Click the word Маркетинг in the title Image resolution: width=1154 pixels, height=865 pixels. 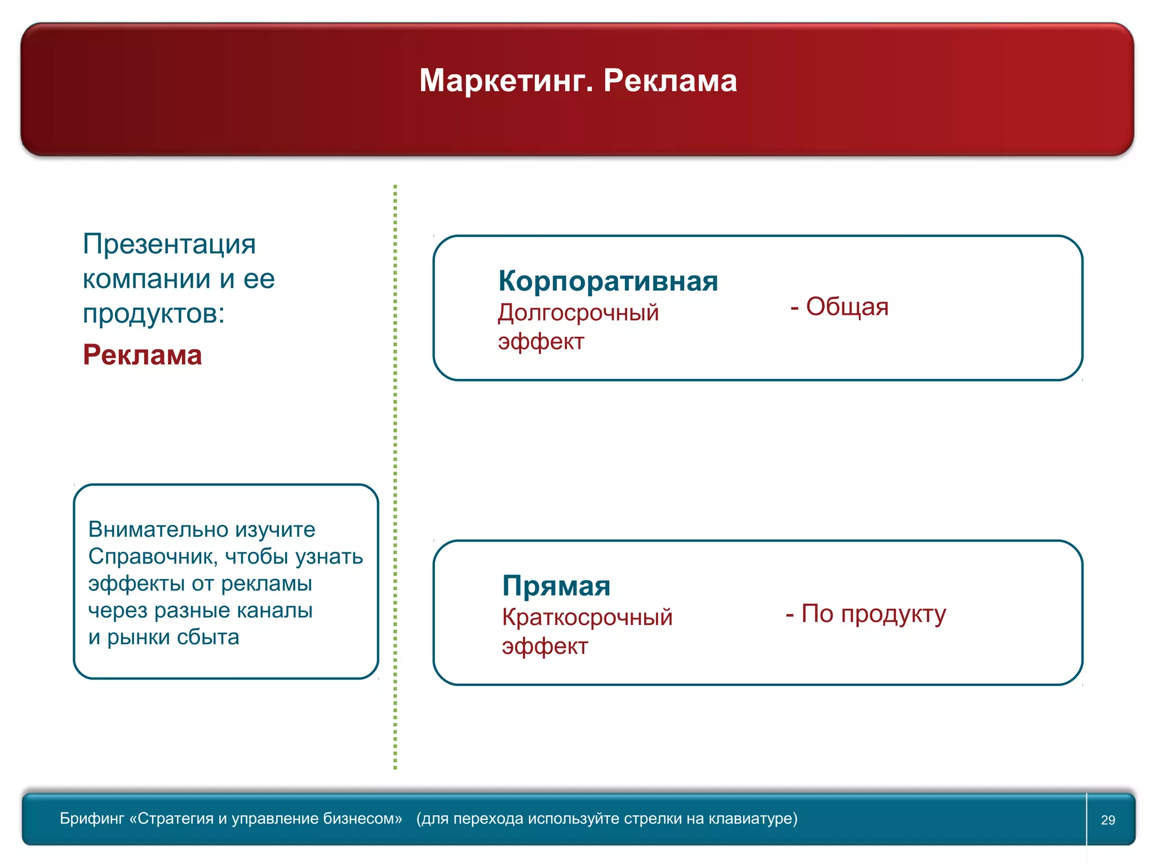coord(505,81)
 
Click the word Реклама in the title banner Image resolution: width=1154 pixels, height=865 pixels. coord(670,81)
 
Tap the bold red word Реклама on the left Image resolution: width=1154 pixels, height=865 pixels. coord(142,355)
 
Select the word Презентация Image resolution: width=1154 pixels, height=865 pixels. coord(169,244)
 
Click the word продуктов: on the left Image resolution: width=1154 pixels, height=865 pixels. coord(153,314)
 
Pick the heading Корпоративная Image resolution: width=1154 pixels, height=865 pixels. coord(608,280)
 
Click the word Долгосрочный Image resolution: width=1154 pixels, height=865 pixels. coord(578,313)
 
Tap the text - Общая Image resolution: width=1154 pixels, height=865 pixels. coord(839,307)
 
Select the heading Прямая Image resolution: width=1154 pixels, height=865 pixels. coord(556,586)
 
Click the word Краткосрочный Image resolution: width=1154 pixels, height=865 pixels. coord(587,617)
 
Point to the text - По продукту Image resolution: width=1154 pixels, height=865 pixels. coord(865,614)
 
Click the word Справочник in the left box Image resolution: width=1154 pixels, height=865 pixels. coord(152,556)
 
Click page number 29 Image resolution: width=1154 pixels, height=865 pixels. coord(1108,820)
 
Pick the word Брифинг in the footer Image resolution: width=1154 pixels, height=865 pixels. coord(91,819)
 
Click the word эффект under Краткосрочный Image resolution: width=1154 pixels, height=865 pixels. coord(544,646)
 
